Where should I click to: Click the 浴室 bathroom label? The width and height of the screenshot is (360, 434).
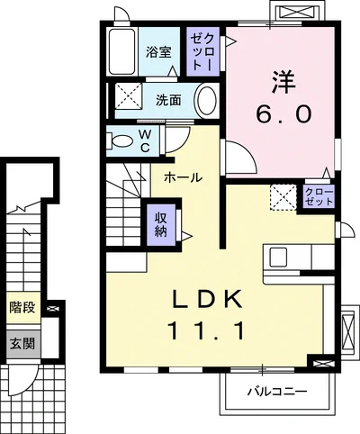point(158,52)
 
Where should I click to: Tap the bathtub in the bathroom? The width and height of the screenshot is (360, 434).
point(121,51)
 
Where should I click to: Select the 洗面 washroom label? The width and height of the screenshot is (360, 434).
point(168,100)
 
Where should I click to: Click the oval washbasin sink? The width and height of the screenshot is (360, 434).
point(207,101)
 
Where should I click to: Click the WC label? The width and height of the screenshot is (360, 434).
point(145,140)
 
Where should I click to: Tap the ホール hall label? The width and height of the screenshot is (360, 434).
point(183,178)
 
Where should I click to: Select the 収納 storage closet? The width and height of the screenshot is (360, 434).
point(161,225)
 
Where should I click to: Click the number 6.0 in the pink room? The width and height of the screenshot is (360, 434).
point(283,114)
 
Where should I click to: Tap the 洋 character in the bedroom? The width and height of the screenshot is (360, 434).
point(283,82)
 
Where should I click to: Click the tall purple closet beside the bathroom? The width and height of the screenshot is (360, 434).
point(202,51)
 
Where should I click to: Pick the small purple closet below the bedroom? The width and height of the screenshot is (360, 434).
point(319,196)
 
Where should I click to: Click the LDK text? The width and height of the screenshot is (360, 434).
point(207,299)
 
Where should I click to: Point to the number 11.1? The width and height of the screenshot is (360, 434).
point(207,330)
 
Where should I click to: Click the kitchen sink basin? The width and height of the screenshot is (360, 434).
point(278,258)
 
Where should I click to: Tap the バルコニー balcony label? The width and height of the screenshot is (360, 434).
point(277,392)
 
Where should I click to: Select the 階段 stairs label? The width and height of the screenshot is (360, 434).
point(22,307)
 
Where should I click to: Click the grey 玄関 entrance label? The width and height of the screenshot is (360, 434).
point(22,344)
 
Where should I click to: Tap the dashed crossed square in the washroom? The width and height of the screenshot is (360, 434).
point(129,95)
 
